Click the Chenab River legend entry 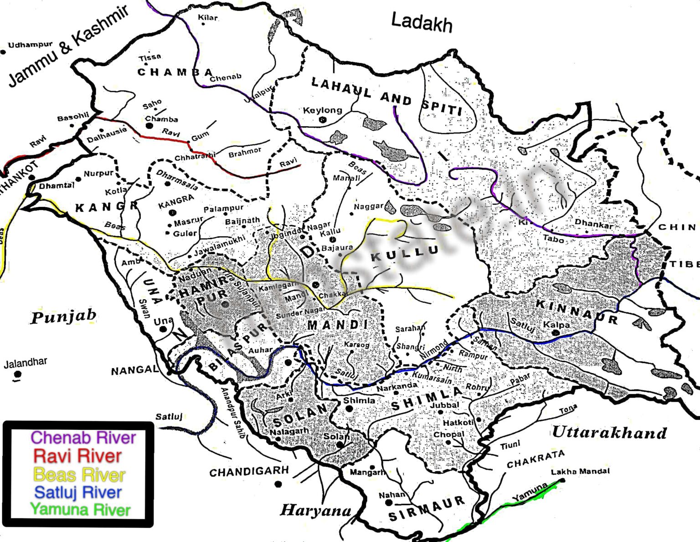(83, 438)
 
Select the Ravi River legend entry (77, 456)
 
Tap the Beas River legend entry (79, 475)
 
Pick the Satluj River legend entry (78, 492)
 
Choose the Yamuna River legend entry (80, 510)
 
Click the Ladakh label (422, 23)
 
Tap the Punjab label (63, 317)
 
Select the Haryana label (315, 510)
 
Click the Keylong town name (322, 110)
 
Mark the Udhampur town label (30, 45)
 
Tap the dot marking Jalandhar (17, 374)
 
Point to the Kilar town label (207, 18)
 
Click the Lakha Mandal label (580, 471)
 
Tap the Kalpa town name (556, 325)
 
